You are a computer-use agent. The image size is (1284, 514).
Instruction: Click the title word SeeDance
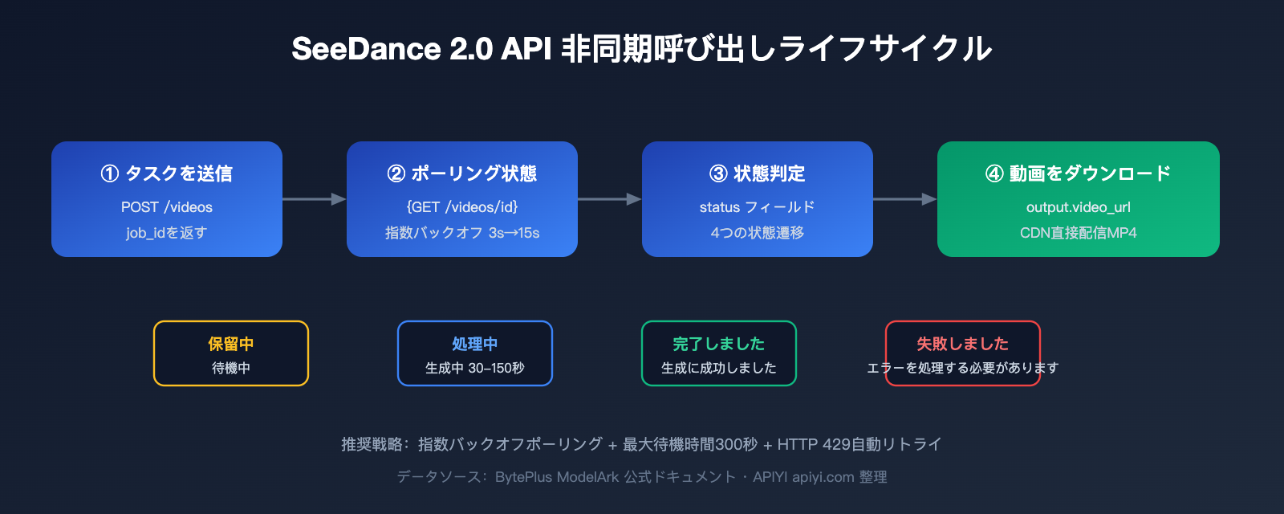(x=366, y=49)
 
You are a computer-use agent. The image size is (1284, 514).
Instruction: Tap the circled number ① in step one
(x=109, y=173)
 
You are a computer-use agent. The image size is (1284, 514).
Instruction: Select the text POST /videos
(x=167, y=207)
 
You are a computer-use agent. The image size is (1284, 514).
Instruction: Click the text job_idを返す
(x=167, y=233)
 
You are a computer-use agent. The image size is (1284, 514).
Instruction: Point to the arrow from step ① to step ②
(x=314, y=198)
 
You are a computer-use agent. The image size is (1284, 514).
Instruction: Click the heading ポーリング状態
(x=473, y=173)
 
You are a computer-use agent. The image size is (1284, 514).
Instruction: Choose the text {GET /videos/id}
(x=462, y=207)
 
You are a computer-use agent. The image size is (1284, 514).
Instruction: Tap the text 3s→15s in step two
(x=514, y=233)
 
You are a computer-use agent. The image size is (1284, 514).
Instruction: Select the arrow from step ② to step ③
(x=609, y=198)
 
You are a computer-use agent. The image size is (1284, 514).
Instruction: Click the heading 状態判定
(x=769, y=173)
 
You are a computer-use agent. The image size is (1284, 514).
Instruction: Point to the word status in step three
(x=719, y=207)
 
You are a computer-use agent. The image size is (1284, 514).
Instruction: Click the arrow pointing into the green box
(x=904, y=198)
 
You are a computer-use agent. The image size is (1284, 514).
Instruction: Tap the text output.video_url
(x=1079, y=207)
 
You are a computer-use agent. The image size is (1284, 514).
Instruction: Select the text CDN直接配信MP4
(x=1079, y=233)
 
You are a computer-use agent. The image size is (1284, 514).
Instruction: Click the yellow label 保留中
(x=231, y=344)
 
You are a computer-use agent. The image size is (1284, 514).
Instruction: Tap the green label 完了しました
(x=719, y=344)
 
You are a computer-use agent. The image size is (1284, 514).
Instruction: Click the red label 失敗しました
(x=963, y=344)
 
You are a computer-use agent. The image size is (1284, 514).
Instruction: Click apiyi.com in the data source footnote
(x=823, y=477)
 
